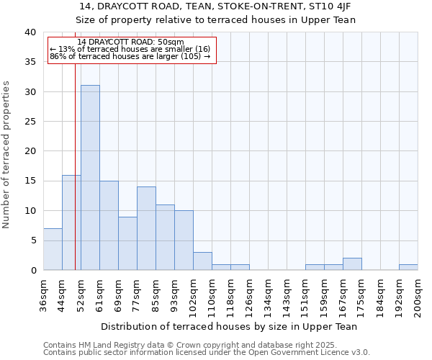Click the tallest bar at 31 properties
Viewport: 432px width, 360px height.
click(90, 177)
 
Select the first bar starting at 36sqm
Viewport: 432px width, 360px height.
click(53, 249)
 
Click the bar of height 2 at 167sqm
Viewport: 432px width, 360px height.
click(352, 264)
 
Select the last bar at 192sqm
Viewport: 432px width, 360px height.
click(408, 267)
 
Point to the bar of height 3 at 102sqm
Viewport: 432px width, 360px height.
click(202, 261)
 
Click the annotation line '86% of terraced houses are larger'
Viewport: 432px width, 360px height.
click(130, 56)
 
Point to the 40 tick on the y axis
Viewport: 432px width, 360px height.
click(30, 32)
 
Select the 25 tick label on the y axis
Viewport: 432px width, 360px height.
click(30, 122)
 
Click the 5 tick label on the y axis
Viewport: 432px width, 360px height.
click(32, 240)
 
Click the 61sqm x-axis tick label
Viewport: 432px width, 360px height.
click(99, 295)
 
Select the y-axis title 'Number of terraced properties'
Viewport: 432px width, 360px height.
click(6, 154)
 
